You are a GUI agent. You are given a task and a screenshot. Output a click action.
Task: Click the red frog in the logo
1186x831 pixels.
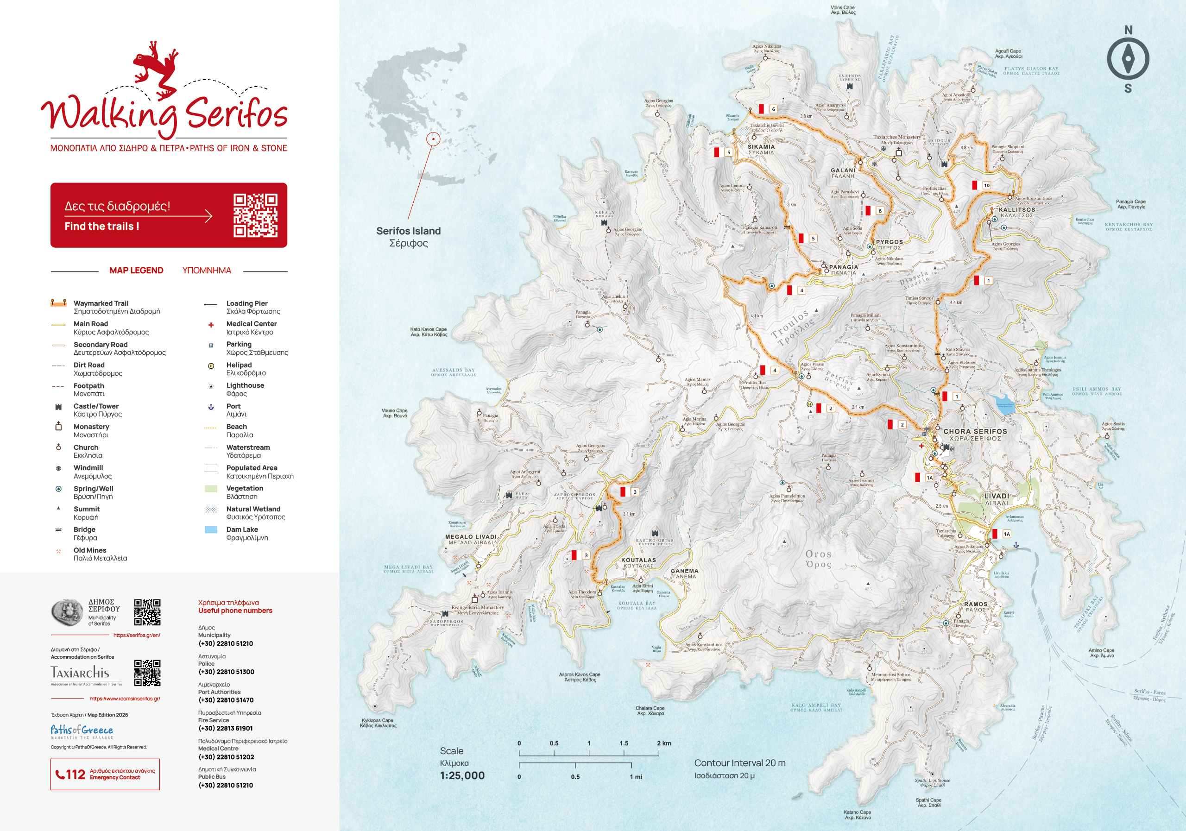coord(155,70)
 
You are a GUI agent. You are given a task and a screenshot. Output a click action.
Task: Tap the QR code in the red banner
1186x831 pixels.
coord(255,215)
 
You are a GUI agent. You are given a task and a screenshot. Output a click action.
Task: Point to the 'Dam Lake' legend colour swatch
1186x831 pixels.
coord(211,530)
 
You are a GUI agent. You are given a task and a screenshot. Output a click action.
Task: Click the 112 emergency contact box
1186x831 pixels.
coord(105,774)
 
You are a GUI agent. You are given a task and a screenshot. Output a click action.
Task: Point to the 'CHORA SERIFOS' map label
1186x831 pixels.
coord(975,431)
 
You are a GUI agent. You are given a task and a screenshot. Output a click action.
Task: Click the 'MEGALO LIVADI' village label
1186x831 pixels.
coord(471,536)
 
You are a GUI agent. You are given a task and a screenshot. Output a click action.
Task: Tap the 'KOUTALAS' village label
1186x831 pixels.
coord(638,560)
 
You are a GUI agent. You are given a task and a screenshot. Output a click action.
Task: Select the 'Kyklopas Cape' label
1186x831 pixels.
coord(377,720)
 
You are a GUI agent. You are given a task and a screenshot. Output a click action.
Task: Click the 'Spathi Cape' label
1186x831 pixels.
coord(928,800)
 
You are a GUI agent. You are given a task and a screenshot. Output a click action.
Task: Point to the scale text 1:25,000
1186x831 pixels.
coord(462,775)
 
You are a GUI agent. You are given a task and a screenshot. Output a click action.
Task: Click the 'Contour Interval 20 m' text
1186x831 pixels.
coord(739,763)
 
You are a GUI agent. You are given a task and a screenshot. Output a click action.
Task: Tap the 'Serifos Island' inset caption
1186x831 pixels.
coord(408,231)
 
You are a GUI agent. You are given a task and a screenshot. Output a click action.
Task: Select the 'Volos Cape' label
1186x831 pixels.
coord(843,8)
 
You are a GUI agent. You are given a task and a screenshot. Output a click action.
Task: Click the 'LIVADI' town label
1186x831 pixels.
coord(997,496)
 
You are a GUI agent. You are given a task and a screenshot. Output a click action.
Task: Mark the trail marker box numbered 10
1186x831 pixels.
coord(986,185)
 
